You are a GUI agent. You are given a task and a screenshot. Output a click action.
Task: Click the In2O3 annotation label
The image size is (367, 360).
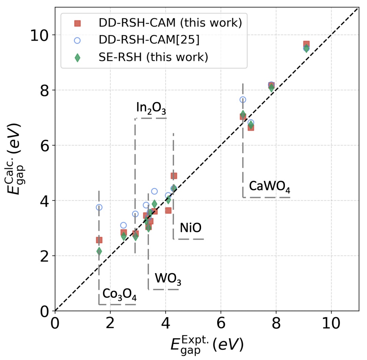[151, 108]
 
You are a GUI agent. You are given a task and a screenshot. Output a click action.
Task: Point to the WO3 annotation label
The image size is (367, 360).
[168, 279]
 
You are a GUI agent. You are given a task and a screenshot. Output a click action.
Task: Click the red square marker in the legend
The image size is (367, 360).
[77, 24]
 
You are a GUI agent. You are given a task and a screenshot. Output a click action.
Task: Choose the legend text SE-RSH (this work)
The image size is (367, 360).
[152, 57]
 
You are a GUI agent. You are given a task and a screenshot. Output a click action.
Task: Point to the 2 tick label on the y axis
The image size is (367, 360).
[44, 256]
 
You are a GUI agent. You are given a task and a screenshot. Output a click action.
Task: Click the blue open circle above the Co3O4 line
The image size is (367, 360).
[99, 207]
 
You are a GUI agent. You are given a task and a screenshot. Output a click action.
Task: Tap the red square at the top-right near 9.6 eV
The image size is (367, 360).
[306, 44]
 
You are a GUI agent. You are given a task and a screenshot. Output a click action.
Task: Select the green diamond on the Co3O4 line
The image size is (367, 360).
[99, 251]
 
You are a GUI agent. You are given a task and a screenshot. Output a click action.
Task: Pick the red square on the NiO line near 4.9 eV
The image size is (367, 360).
[174, 176]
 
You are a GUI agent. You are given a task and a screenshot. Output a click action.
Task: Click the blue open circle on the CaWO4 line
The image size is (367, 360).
[243, 100]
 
